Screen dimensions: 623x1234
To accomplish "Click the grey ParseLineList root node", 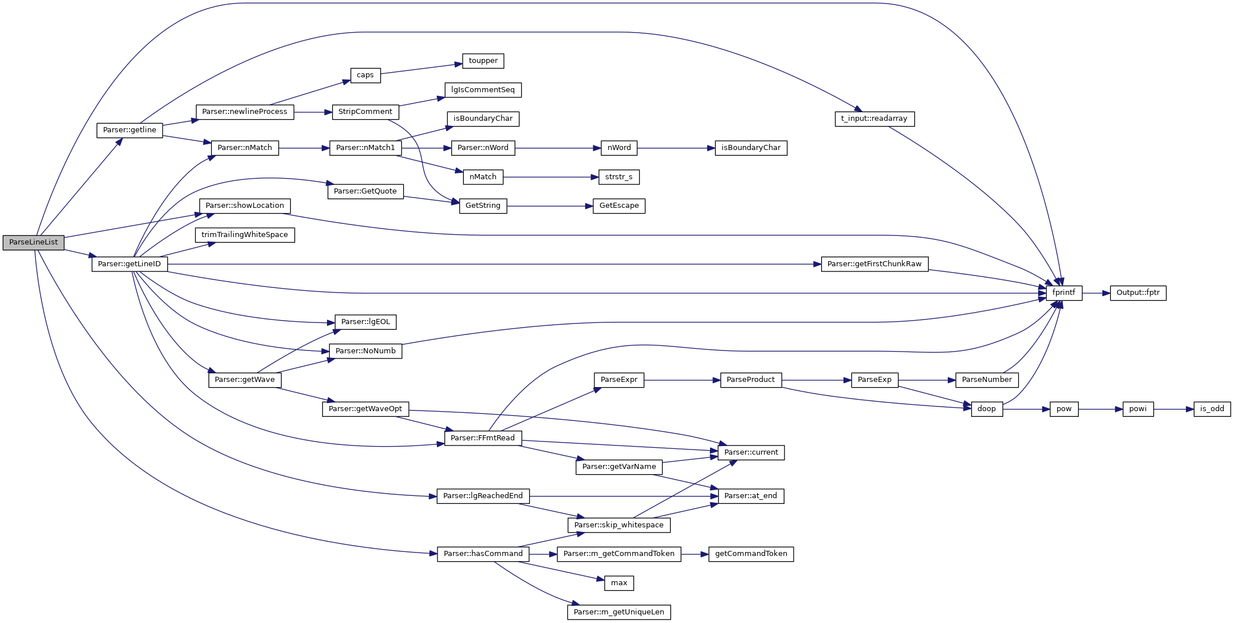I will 33,242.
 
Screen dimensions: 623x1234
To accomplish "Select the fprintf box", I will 1063,293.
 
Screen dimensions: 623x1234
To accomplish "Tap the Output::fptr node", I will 1138,293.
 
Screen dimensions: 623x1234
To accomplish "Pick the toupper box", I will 483,61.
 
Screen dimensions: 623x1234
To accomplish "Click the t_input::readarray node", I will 874,119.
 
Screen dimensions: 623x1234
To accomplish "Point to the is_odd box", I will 1212,409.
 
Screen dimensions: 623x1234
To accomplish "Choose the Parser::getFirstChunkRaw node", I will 874,264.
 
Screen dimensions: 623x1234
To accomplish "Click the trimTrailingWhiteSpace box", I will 245,235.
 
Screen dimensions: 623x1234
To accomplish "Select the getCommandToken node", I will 751,554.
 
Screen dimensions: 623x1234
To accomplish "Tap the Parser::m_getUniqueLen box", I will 618,612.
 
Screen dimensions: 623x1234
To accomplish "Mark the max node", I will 618,583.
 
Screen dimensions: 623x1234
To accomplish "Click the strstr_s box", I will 618,177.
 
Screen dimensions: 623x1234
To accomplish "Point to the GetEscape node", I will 618,206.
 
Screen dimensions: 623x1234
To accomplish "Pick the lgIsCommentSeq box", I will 483,90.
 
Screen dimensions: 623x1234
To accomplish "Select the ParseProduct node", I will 750,380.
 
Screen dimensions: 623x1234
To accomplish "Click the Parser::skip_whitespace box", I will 618,525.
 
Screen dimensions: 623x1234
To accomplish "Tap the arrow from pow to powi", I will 1100,409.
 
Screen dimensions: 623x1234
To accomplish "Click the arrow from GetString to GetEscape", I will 550,206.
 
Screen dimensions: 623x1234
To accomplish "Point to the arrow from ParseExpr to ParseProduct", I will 682,380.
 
